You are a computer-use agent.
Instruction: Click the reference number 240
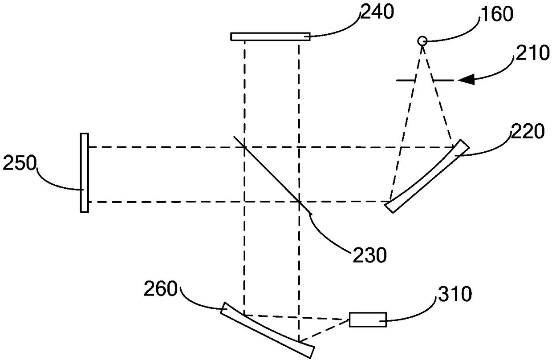tap(377, 12)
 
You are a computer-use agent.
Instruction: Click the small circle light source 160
tap(422, 41)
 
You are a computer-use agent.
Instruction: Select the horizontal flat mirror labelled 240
tap(270, 36)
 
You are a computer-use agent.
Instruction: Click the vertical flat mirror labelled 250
tap(85, 173)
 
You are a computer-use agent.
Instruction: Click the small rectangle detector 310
tap(368, 320)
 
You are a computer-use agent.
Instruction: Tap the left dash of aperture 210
tap(406, 80)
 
